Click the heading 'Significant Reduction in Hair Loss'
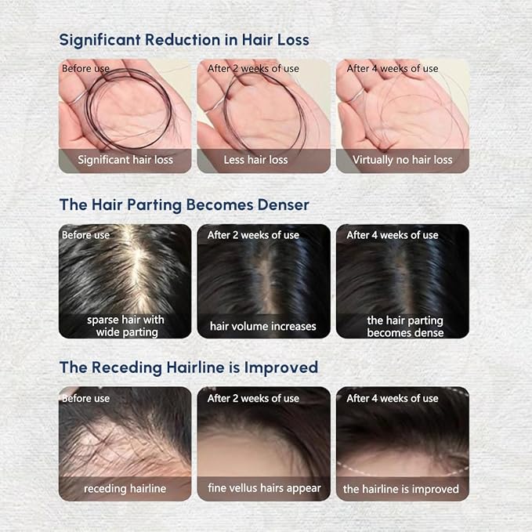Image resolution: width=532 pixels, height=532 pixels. [184, 40]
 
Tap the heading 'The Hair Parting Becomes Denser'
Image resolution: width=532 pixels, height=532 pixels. [184, 205]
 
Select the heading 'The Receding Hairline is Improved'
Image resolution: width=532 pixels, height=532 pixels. [189, 367]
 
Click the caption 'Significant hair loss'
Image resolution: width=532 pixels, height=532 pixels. [125, 160]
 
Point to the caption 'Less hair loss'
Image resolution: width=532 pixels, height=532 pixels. [255, 160]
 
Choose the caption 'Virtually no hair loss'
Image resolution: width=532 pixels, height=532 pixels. [403, 160]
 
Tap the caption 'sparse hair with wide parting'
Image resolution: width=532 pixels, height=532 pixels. [125, 326]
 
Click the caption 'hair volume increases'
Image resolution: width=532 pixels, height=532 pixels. [263, 327]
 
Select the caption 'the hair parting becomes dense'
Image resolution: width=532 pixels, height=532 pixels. [405, 327]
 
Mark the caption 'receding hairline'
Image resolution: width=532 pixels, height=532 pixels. [125, 489]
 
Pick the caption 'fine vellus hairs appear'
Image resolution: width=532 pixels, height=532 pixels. [264, 488]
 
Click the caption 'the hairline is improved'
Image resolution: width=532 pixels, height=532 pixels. [400, 489]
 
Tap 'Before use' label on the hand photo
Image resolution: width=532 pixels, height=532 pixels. [85, 68]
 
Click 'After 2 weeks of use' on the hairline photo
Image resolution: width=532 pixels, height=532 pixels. [253, 398]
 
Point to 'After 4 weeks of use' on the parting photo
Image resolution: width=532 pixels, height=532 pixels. [393, 235]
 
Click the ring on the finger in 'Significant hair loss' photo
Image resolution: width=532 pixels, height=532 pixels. [78, 99]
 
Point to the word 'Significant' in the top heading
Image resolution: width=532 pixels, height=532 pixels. [100, 41]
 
